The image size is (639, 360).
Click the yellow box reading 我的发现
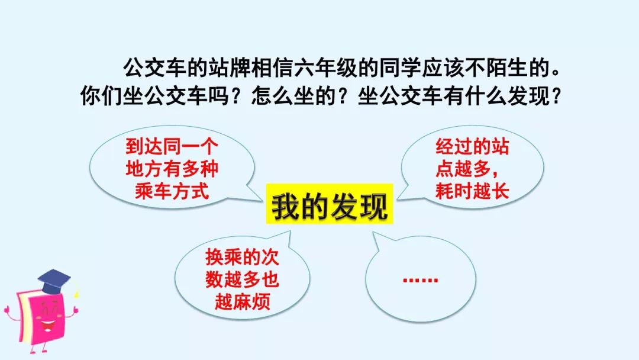(330, 204)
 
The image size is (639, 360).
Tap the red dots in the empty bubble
(420, 280)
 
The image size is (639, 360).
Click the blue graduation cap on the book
(54, 281)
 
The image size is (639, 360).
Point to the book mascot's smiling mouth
(48, 326)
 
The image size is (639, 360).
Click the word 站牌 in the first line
(230, 68)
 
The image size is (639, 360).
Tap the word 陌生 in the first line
(506, 68)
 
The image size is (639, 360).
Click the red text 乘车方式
(172, 191)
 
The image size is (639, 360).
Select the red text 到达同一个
(172, 146)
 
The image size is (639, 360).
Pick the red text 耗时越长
(472, 191)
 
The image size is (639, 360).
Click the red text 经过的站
(472, 146)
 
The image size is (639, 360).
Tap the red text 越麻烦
(243, 302)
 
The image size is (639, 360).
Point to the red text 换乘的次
(242, 257)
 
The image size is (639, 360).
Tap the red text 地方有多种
(172, 168)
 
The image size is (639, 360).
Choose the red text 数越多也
(242, 279)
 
